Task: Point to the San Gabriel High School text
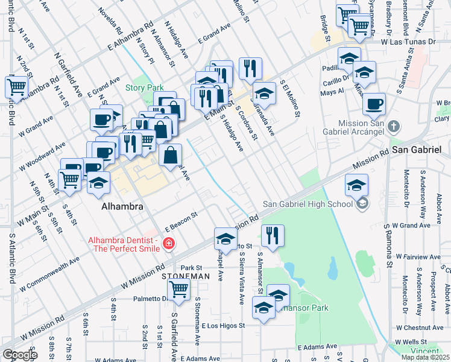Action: coord(307,204)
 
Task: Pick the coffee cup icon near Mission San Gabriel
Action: coord(374,103)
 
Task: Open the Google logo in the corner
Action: coord(19,355)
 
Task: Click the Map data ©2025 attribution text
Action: coord(425,357)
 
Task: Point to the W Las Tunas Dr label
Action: coord(408,42)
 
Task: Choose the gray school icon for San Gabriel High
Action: coord(362,205)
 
